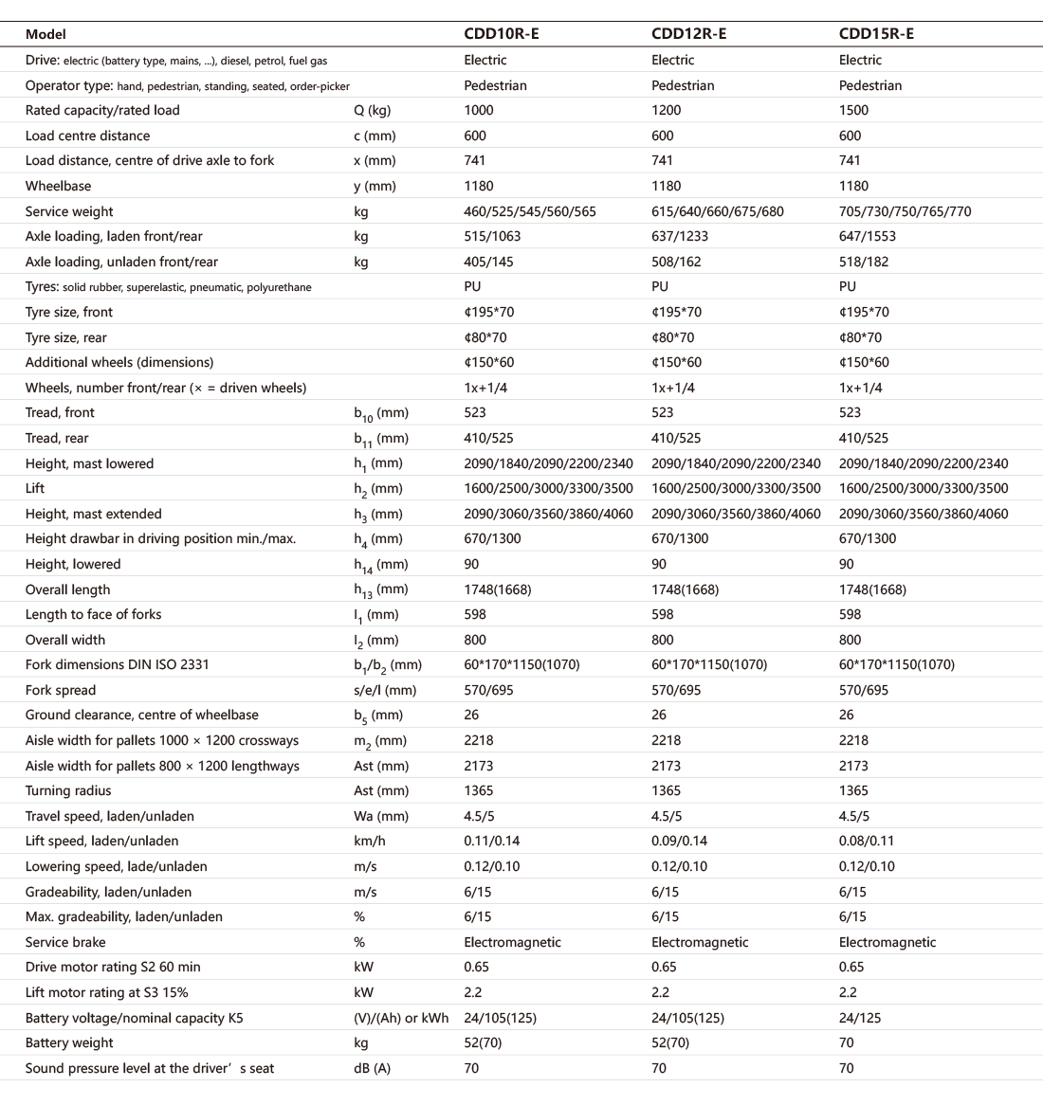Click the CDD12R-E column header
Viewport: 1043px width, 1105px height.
689,34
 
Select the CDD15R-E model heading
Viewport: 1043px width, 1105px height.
876,34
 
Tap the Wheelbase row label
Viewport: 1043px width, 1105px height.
59,186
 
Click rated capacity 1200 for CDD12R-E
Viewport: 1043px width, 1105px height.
666,110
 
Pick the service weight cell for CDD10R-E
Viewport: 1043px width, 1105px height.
529,211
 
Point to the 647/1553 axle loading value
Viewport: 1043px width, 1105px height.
867,236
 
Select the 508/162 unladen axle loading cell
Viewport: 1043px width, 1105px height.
676,262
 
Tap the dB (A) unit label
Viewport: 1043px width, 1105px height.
372,1068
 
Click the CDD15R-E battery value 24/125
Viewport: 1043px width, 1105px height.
860,1018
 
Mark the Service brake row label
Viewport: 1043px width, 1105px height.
65,942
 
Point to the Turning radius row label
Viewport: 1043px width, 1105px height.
68,790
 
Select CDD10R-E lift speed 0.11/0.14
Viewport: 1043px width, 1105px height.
491,841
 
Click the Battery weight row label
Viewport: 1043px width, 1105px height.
69,1042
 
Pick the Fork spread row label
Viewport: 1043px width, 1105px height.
61,690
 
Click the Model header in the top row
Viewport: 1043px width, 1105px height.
46,34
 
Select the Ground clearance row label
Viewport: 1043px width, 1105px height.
142,715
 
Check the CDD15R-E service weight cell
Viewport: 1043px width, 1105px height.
905,211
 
